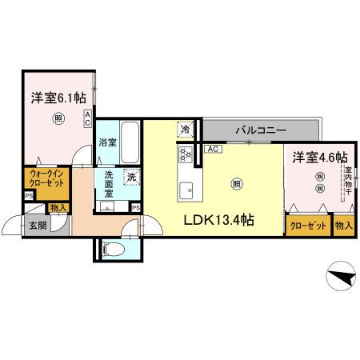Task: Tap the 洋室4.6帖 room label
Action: coord(319,157)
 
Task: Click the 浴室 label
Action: coord(108,142)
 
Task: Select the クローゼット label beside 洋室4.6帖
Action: coord(307,226)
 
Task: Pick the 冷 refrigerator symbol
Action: coord(186,129)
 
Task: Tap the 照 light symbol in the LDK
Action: coord(237,184)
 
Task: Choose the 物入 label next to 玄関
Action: coord(58,207)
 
